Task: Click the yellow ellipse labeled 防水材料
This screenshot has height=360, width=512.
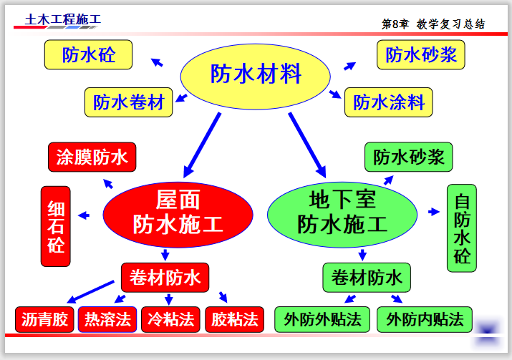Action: (x=255, y=74)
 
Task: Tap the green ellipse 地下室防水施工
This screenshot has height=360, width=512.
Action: (x=342, y=213)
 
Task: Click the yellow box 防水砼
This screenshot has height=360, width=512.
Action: (x=88, y=54)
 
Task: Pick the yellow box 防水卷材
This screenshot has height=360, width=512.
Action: (x=129, y=102)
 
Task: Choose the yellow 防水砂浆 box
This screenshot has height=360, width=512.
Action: (x=421, y=54)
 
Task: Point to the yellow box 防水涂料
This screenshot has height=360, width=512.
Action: (x=389, y=102)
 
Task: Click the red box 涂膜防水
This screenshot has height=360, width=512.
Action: (x=92, y=157)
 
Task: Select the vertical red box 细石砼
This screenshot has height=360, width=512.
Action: (x=57, y=227)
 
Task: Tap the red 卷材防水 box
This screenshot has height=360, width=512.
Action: (x=165, y=277)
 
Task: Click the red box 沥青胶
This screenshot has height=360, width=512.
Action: (x=44, y=318)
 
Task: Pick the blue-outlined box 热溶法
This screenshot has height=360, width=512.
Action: (x=107, y=318)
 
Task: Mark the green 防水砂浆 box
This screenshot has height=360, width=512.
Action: (x=409, y=157)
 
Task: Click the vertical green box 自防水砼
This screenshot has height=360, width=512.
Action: (x=462, y=228)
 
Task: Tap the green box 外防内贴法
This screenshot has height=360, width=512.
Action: (x=425, y=318)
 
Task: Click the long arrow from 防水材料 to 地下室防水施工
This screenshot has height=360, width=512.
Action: (x=307, y=144)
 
